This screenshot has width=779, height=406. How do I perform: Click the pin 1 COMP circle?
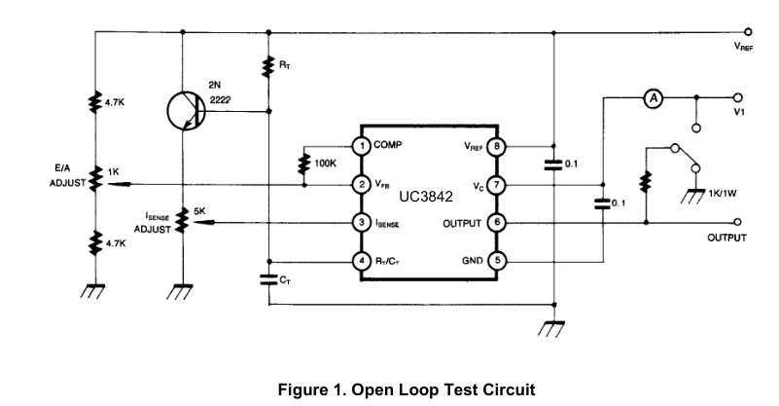[x=362, y=146]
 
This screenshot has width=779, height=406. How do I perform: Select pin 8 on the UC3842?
[x=496, y=147]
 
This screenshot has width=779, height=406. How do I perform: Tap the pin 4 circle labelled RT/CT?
[x=362, y=261]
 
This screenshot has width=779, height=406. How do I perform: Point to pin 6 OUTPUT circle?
[x=496, y=222]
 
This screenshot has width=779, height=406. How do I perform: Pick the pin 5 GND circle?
[x=496, y=261]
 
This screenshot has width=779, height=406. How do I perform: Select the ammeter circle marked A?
[x=654, y=98]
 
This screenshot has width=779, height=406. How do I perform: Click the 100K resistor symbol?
[x=304, y=165]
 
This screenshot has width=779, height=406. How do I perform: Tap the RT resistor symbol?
[x=268, y=66]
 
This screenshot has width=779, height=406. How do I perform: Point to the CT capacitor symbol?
[x=268, y=279]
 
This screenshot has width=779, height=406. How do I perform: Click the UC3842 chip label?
[x=426, y=197]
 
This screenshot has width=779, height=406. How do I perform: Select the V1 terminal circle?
[x=738, y=98]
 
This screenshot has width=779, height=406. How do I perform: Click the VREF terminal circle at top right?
[x=748, y=32]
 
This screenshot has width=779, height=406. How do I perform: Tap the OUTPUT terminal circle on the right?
[x=738, y=222]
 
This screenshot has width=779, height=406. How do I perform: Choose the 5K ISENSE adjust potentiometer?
[x=183, y=220]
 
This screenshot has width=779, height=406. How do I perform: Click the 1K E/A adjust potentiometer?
[x=95, y=179]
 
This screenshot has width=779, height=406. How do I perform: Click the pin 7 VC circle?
[x=496, y=185]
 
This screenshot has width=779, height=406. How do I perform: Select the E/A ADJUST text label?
[x=67, y=175]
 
